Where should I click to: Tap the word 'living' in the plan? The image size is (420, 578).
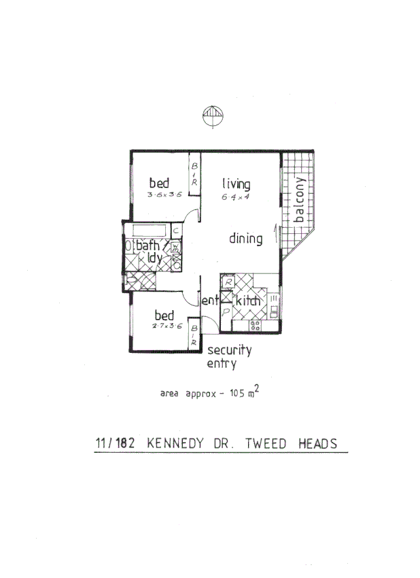(236, 184)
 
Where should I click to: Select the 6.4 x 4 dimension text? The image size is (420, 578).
(235, 197)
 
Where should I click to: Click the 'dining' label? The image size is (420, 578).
(245, 239)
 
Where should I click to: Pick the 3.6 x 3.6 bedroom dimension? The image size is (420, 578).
(163, 195)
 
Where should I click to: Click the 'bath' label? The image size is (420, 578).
(148, 245)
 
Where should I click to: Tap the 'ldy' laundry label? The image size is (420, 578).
(154, 258)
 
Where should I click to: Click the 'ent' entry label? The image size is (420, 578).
(209, 300)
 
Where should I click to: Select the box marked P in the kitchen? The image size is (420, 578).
(226, 312)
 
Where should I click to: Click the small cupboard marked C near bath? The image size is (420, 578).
(175, 231)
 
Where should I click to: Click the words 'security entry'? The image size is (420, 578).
(229, 357)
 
